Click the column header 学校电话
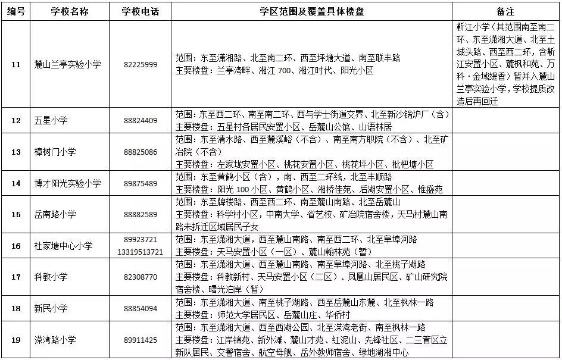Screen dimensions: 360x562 click(x=140, y=11)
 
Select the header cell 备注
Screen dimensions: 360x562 click(x=505, y=11)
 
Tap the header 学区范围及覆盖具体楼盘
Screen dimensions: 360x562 click(x=311, y=11)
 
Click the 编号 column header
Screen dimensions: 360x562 click(x=16, y=11)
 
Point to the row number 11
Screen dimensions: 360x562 click(x=16, y=64)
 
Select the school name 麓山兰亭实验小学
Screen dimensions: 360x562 click(x=67, y=64)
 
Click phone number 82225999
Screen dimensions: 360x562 click(x=140, y=64)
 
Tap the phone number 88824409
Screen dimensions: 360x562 click(x=140, y=120)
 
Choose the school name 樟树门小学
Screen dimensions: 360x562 click(x=55, y=152)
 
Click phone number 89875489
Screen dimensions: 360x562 click(x=140, y=183)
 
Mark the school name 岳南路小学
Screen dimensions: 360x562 click(x=55, y=214)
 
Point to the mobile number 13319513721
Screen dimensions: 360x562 click(x=140, y=252)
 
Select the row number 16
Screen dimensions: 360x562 click(x=16, y=246)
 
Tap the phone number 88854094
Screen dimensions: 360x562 click(x=140, y=308)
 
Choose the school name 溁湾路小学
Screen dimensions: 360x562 click(x=55, y=340)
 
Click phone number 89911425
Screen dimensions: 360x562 click(x=140, y=340)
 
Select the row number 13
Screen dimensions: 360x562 click(x=16, y=152)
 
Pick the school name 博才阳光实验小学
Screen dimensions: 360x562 click(x=67, y=183)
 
